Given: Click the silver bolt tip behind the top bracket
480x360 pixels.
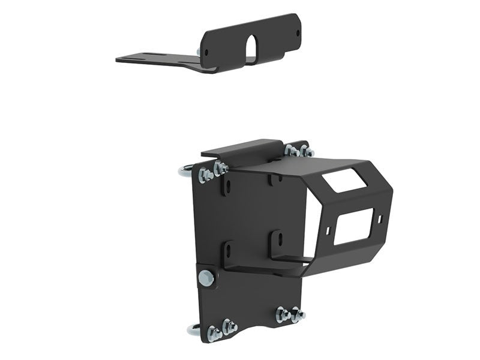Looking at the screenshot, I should (199, 53).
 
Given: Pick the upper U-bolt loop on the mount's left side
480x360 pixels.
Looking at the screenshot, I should (185, 171).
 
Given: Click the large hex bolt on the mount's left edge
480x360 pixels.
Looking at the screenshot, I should (206, 277).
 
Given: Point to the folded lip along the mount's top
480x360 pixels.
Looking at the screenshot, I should (240, 148).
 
